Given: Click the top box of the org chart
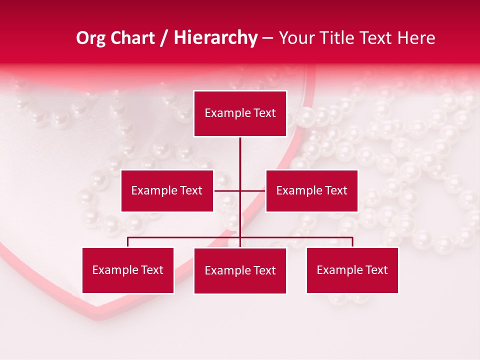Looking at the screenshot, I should pyautogui.click(x=240, y=113).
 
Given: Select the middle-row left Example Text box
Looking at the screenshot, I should pyautogui.click(x=167, y=190).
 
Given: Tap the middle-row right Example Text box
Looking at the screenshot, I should pyautogui.click(x=311, y=190).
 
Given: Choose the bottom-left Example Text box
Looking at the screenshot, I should pyautogui.click(x=128, y=270).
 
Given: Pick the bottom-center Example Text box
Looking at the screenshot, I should pyautogui.click(x=240, y=270).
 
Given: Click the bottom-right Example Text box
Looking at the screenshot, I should pyautogui.click(x=352, y=270).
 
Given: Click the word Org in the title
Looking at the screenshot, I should pyautogui.click(x=90, y=38).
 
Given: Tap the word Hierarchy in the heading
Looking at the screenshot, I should pyautogui.click(x=215, y=38).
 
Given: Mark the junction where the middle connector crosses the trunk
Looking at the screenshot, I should pyautogui.click(x=240, y=190).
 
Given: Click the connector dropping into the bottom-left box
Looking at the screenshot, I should pyautogui.click(x=128, y=242).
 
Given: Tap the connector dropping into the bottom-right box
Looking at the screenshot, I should pyautogui.click(x=352, y=242).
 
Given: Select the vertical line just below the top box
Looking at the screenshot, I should pyautogui.click(x=240, y=150).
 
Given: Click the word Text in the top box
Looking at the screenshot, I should pyautogui.click(x=263, y=113).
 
